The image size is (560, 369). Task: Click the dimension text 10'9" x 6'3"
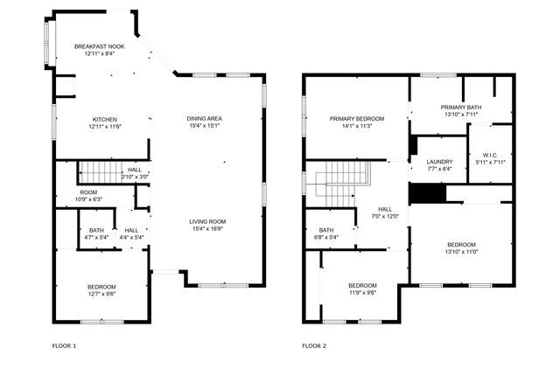tap(88, 199)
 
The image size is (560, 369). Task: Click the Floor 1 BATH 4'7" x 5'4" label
tap(96, 233)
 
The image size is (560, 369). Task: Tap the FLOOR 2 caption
tap(314, 346)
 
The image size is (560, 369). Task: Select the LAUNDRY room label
tap(439, 165)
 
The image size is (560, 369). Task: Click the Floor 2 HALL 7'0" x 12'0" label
tap(385, 212)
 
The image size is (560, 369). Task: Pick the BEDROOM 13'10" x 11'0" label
tap(461, 247)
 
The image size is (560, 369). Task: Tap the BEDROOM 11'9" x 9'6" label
tap(362, 289)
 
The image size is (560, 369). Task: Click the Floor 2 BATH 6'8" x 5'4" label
tap(325, 233)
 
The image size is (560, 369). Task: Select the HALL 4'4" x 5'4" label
tap(131, 233)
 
